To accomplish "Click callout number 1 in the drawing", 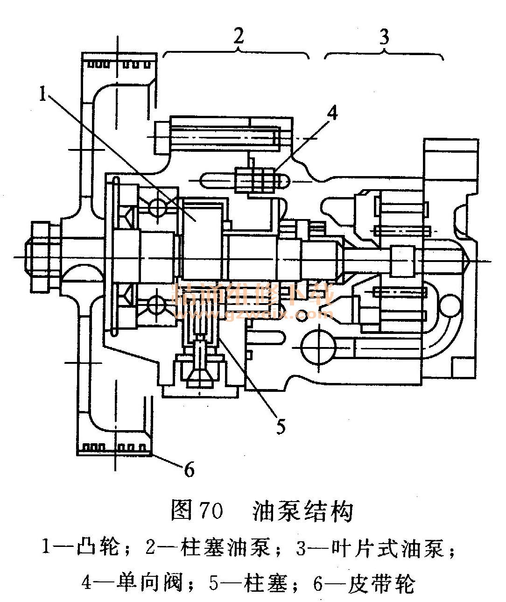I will [x=42, y=94].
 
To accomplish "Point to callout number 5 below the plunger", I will [x=280, y=426].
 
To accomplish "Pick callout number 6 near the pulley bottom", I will [x=189, y=469].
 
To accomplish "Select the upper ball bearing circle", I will [x=158, y=207].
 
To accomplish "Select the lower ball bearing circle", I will [x=157, y=306].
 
